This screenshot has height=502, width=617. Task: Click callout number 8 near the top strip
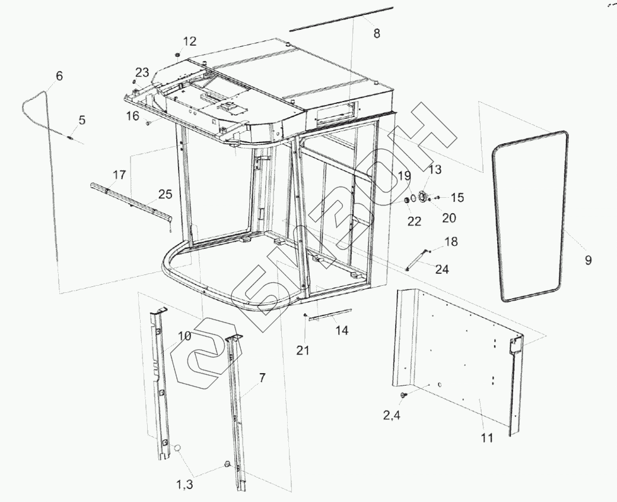[x=376, y=33]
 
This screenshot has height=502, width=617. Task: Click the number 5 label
[x=82, y=120]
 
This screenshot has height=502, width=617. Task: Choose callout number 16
[x=132, y=115]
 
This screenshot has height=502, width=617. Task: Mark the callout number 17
[x=119, y=175]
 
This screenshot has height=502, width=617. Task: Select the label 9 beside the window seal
[x=588, y=260]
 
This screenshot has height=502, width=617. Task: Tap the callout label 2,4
[x=390, y=416]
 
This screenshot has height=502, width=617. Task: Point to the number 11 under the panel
[x=486, y=438]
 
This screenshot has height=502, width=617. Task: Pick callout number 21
[x=303, y=351]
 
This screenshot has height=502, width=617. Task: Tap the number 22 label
[x=414, y=220]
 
